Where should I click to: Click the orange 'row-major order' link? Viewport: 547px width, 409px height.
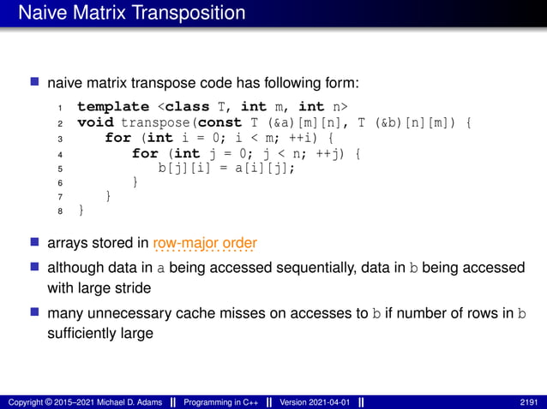205,243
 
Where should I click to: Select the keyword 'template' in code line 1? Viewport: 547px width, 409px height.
112,107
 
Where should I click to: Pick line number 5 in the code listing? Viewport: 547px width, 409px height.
59,169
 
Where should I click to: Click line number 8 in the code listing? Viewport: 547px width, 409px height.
59,210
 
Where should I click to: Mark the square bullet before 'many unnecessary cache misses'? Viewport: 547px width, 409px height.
35,313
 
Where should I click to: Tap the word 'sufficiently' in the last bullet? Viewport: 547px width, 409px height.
85,334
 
